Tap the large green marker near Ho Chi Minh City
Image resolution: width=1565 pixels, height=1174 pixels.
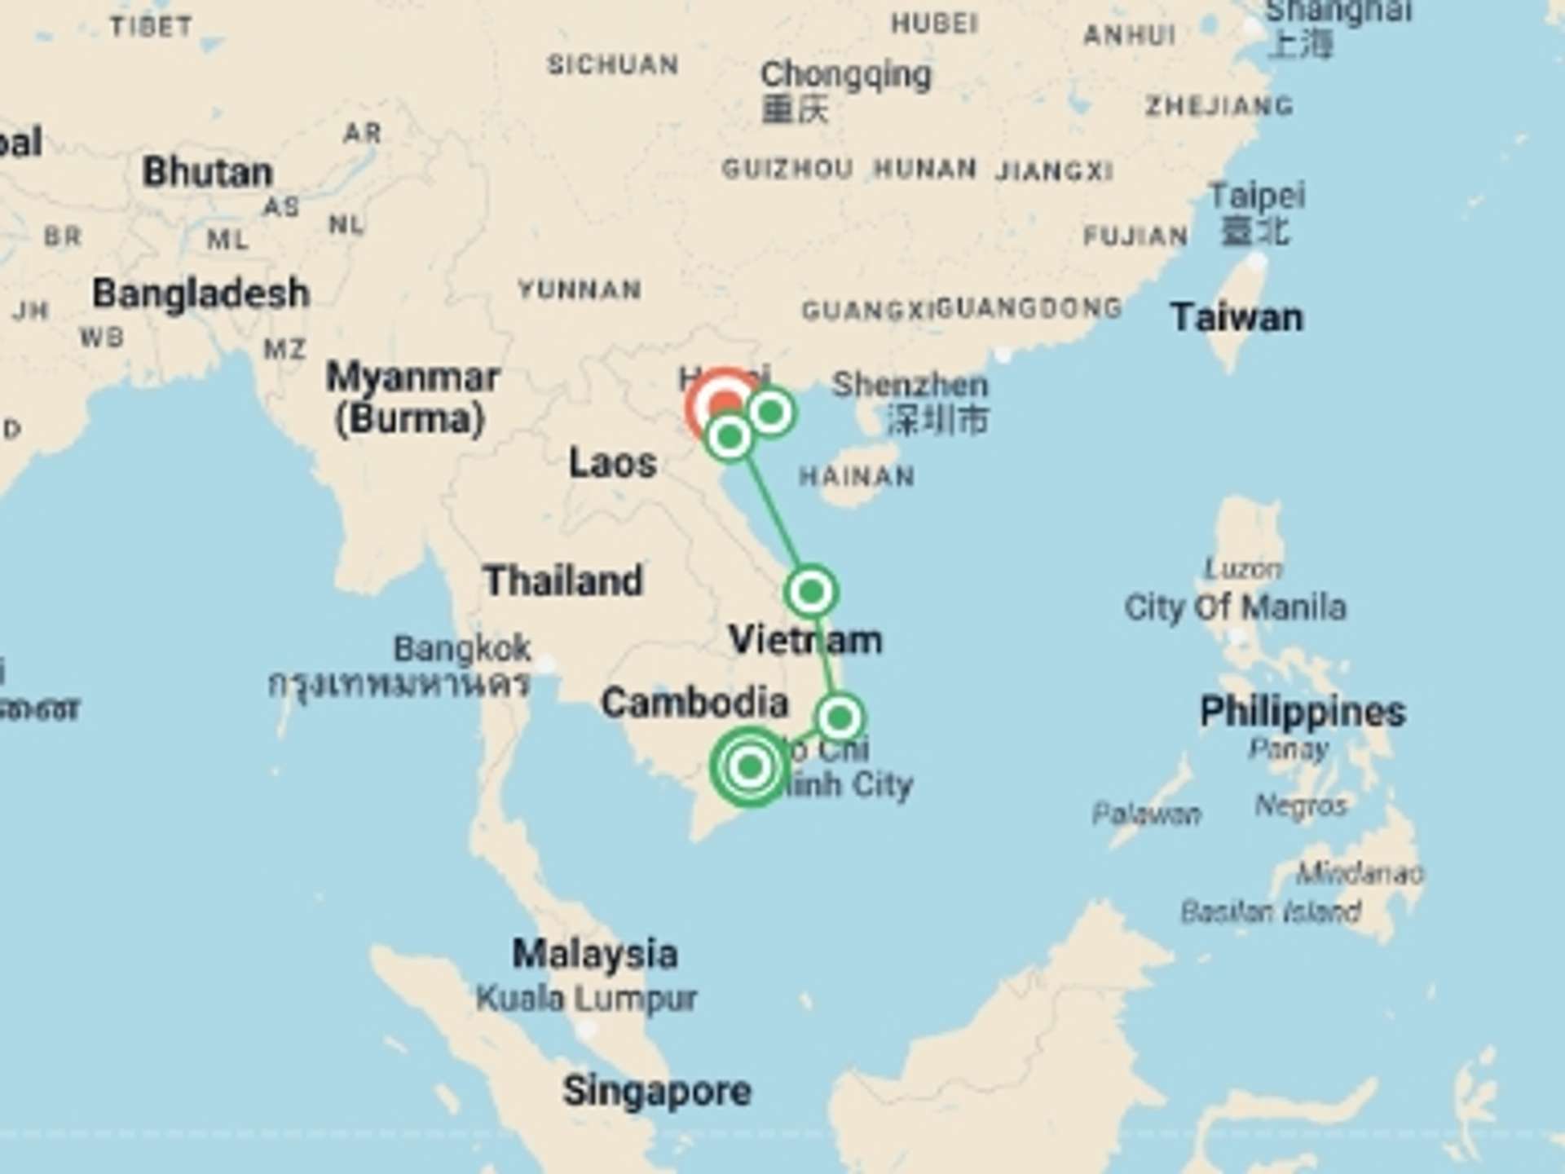750,766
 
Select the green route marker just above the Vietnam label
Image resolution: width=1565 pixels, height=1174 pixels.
811,591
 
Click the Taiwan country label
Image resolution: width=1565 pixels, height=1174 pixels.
1237,317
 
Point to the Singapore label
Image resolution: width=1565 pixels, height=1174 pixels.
657,1091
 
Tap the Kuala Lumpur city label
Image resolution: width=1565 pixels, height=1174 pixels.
587,998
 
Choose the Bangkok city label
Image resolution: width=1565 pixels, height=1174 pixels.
462,649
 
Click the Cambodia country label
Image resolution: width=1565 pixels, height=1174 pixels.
694,703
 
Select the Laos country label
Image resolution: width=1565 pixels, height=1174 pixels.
613,463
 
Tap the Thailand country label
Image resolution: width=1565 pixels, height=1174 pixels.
563,580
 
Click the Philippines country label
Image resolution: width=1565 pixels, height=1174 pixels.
1303,711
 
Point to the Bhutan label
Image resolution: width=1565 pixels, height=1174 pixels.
208,172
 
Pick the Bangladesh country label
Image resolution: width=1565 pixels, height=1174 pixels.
201,293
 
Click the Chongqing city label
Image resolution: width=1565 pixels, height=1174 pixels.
845,75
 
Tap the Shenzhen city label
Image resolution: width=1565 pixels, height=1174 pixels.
910,384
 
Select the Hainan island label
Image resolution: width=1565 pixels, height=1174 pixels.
857,476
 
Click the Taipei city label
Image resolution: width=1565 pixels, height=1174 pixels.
1257,196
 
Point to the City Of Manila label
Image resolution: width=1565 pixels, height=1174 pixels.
1235,607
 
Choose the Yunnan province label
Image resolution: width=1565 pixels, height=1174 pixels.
580,289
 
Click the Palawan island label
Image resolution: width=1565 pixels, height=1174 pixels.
1147,814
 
